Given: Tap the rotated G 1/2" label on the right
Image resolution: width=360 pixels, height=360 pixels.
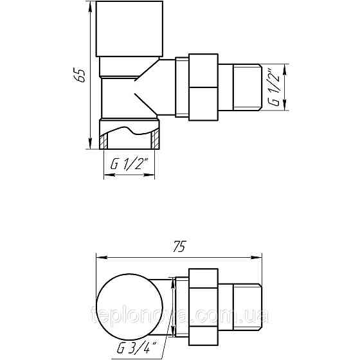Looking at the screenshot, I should coord(274,87).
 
